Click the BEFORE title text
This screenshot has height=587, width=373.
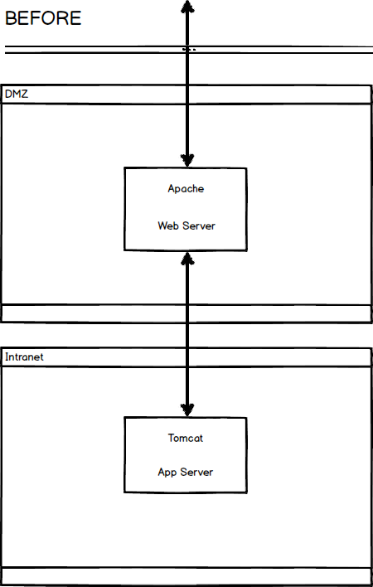(43, 18)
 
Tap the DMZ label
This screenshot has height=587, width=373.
(17, 94)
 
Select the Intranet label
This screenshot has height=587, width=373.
(24, 357)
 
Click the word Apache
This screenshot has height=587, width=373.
(186, 189)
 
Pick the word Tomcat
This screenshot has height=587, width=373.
(186, 438)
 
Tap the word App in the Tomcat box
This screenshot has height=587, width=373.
(167, 473)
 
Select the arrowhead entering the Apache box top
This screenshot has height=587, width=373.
(187, 160)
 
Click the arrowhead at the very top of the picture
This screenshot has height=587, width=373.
(187, 7)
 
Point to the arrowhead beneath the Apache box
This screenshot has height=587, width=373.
(187, 259)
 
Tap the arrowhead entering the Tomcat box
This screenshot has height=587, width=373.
(187, 410)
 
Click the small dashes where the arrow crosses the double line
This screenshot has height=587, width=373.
(189, 49)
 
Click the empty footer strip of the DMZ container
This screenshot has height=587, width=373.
(186, 313)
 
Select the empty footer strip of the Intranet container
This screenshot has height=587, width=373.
(186, 576)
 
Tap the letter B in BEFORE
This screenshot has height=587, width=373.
(11, 18)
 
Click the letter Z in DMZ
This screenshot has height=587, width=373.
(24, 94)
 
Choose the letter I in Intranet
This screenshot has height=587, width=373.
(7, 357)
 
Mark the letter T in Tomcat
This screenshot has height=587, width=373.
(171, 438)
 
